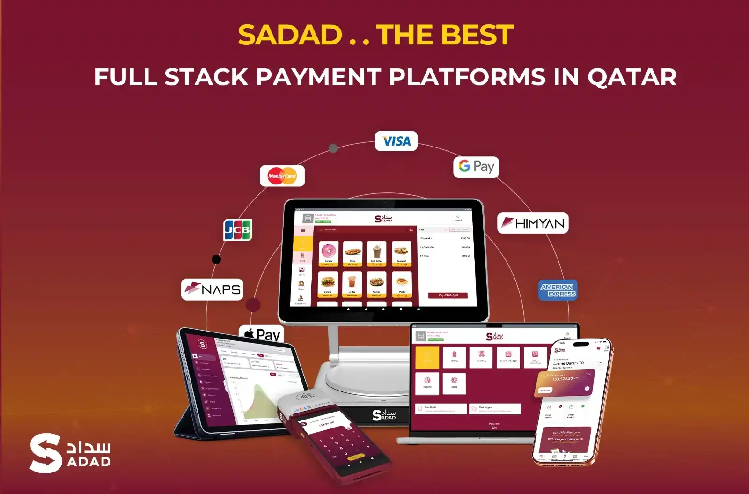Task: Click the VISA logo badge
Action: click(396, 141)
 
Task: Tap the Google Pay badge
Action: click(476, 167)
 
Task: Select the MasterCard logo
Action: click(282, 176)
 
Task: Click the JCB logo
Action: click(238, 229)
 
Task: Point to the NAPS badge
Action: click(212, 289)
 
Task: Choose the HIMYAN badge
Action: click(533, 223)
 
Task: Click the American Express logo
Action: click(558, 290)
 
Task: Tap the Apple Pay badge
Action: click(262, 333)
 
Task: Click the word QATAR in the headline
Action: click(632, 77)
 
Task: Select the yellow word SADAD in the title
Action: click(290, 35)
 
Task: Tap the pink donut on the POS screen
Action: click(329, 251)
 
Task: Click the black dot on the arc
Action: click(216, 259)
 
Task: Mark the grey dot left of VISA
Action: click(333, 148)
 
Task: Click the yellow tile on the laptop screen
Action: click(427, 357)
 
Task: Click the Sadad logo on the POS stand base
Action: click(384, 414)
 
